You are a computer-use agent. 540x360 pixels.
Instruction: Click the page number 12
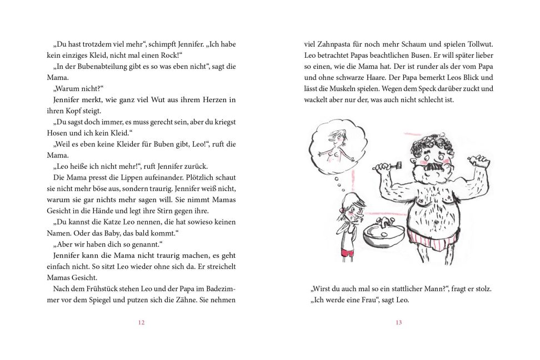pyautogui.click(x=141, y=322)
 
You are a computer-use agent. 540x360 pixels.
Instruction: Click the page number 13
pyautogui.click(x=398, y=322)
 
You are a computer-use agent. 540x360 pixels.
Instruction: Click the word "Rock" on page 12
pyautogui.click(x=168, y=55)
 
